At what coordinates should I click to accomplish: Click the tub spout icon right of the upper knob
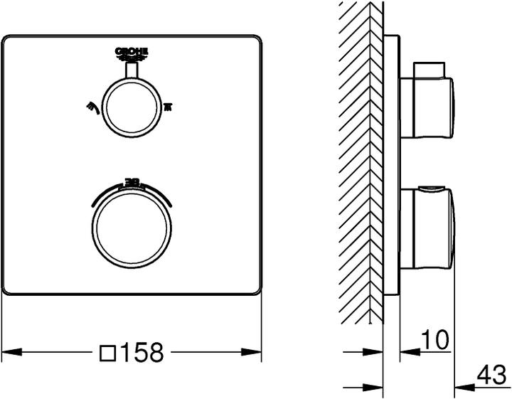[x=169, y=107]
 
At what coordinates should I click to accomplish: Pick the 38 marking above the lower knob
[x=133, y=183]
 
